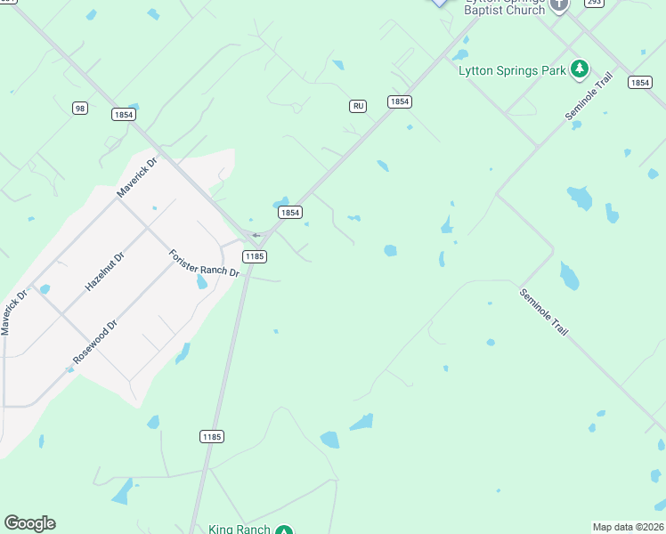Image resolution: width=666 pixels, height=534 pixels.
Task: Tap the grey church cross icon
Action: click(x=559, y=4)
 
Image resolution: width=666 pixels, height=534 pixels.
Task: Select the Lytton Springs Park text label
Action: click(x=512, y=70)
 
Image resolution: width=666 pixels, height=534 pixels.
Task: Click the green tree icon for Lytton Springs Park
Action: click(x=580, y=68)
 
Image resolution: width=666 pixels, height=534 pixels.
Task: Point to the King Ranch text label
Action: click(x=239, y=530)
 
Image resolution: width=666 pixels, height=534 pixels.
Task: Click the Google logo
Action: click(x=29, y=523)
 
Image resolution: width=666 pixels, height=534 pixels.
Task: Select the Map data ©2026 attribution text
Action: click(x=629, y=527)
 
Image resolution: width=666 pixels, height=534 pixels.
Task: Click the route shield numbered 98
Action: click(x=80, y=108)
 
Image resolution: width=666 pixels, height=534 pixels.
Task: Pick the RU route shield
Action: click(x=358, y=106)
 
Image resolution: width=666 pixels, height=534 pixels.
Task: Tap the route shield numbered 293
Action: click(x=594, y=3)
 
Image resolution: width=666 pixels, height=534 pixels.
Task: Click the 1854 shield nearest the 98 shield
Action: click(x=124, y=114)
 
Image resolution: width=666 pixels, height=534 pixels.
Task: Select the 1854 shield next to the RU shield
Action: click(x=399, y=102)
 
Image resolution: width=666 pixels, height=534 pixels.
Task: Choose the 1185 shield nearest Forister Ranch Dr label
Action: click(x=255, y=256)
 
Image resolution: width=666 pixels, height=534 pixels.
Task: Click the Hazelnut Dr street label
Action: click(x=105, y=271)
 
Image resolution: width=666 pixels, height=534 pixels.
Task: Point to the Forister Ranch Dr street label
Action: click(x=204, y=263)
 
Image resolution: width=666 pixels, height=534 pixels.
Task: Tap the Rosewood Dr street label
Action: click(x=95, y=344)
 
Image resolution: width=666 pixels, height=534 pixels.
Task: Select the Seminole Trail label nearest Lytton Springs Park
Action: click(x=589, y=98)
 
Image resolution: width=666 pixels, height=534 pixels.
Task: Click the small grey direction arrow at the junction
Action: click(x=256, y=235)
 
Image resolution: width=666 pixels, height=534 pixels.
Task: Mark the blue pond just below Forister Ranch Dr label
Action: click(x=202, y=283)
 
